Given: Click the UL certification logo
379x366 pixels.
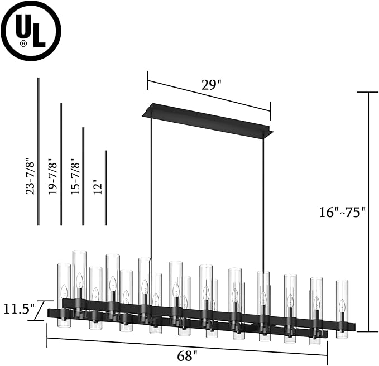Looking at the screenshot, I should pyautogui.click(x=31, y=31).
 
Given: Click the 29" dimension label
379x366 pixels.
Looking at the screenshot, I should pyautogui.click(x=211, y=85).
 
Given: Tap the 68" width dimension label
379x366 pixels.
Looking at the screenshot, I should pyautogui.click(x=188, y=354).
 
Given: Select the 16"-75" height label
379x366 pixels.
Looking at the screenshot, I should pyautogui.click(x=342, y=212).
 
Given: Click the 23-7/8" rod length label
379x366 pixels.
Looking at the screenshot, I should pyautogui.click(x=30, y=177).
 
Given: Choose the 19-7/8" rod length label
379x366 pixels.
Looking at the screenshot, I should pyautogui.click(x=53, y=177).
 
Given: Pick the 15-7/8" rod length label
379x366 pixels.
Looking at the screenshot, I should pyautogui.click(x=75, y=177).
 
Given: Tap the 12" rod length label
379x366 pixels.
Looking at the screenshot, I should pyautogui.click(x=98, y=186).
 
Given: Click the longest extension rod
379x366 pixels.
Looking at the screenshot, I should pyautogui.click(x=38, y=151).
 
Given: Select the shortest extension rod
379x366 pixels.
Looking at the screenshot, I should pyautogui.click(x=105, y=187).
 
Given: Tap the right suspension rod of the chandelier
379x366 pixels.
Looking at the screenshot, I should pyautogui.click(x=262, y=201).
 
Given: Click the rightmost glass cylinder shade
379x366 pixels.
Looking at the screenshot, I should pyautogui.click(x=342, y=307).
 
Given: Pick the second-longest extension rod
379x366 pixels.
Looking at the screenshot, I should pyautogui.click(x=61, y=163).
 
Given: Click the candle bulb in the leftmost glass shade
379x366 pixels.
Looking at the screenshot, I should pyautogui.click(x=64, y=291).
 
